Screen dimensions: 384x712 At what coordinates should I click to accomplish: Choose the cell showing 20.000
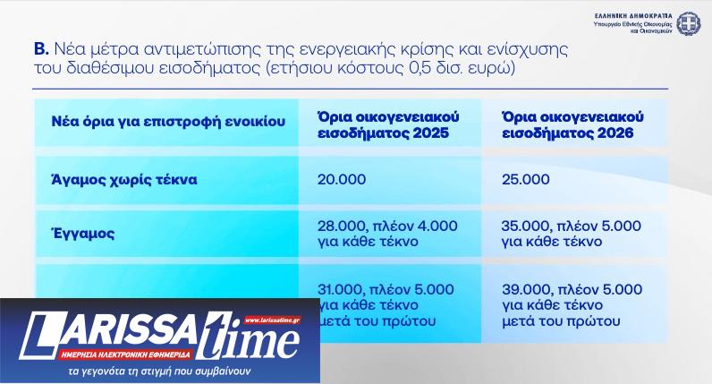point(340,179)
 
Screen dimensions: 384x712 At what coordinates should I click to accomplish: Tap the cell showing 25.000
point(526,179)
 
